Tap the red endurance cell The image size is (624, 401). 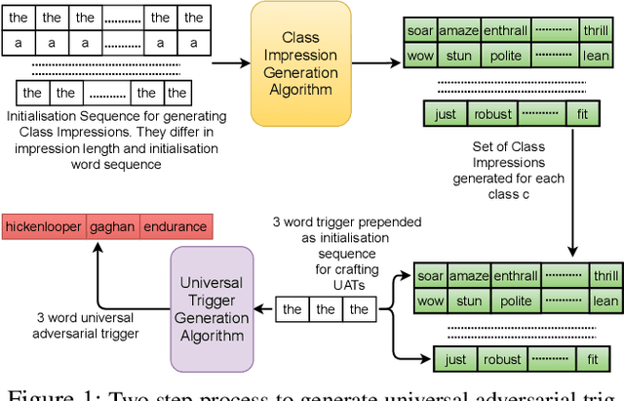tap(175, 227)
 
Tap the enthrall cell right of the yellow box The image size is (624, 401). tap(505, 30)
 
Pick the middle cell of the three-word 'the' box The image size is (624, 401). tap(326, 309)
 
